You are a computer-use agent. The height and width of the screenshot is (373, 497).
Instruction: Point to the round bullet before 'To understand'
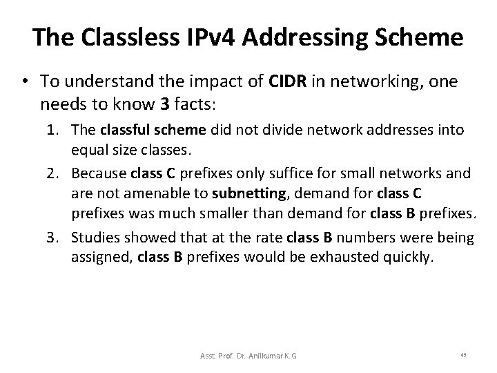click(x=24, y=82)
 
